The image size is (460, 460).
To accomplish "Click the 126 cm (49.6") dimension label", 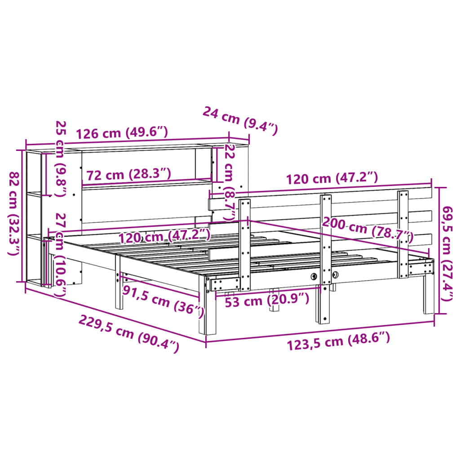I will [x=122, y=133].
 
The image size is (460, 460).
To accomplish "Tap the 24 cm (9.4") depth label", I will [x=240, y=120].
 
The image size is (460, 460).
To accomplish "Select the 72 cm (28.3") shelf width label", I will [x=128, y=174].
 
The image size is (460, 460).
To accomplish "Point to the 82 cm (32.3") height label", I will [x=14, y=214].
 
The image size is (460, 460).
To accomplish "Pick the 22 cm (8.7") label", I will [x=230, y=181].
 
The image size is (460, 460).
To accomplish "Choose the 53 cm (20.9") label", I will [x=267, y=298].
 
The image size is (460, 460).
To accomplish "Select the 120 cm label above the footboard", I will [x=332, y=178].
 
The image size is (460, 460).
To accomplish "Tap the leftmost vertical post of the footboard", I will [x=245, y=245].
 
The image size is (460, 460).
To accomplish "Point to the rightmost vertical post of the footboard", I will [x=403, y=234].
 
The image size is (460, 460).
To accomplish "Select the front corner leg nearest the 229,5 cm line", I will [x=210, y=317].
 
